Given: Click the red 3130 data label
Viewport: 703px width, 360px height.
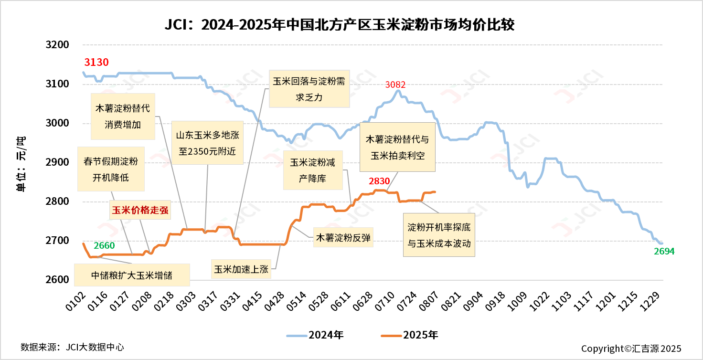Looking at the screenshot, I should click(x=96, y=62).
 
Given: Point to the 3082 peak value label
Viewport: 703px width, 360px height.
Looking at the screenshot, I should click(x=395, y=85).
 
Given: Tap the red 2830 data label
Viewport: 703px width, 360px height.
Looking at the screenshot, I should click(x=379, y=181).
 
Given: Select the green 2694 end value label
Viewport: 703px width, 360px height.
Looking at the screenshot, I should click(x=664, y=252).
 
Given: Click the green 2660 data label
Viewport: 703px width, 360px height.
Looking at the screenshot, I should click(x=104, y=246).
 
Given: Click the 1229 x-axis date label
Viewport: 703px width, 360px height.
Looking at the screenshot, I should click(x=654, y=301).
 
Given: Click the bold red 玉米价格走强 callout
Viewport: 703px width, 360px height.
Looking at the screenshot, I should click(x=139, y=210).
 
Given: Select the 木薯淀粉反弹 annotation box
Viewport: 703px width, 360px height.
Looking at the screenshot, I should click(x=342, y=237).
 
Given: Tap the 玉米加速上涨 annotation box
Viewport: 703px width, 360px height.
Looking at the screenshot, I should click(x=241, y=269).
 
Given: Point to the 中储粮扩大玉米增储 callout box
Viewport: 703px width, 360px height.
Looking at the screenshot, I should click(x=132, y=275).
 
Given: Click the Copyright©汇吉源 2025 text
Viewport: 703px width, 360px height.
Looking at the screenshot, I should click(x=631, y=349).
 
